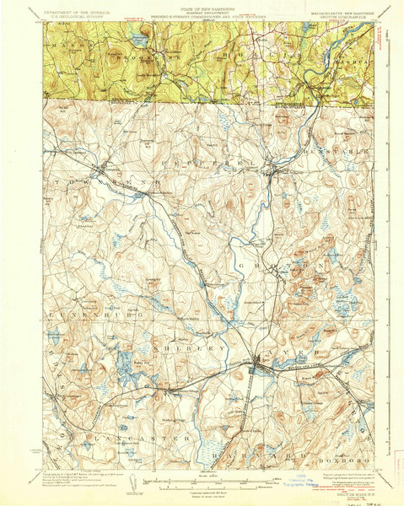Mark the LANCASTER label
tap(118, 439)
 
